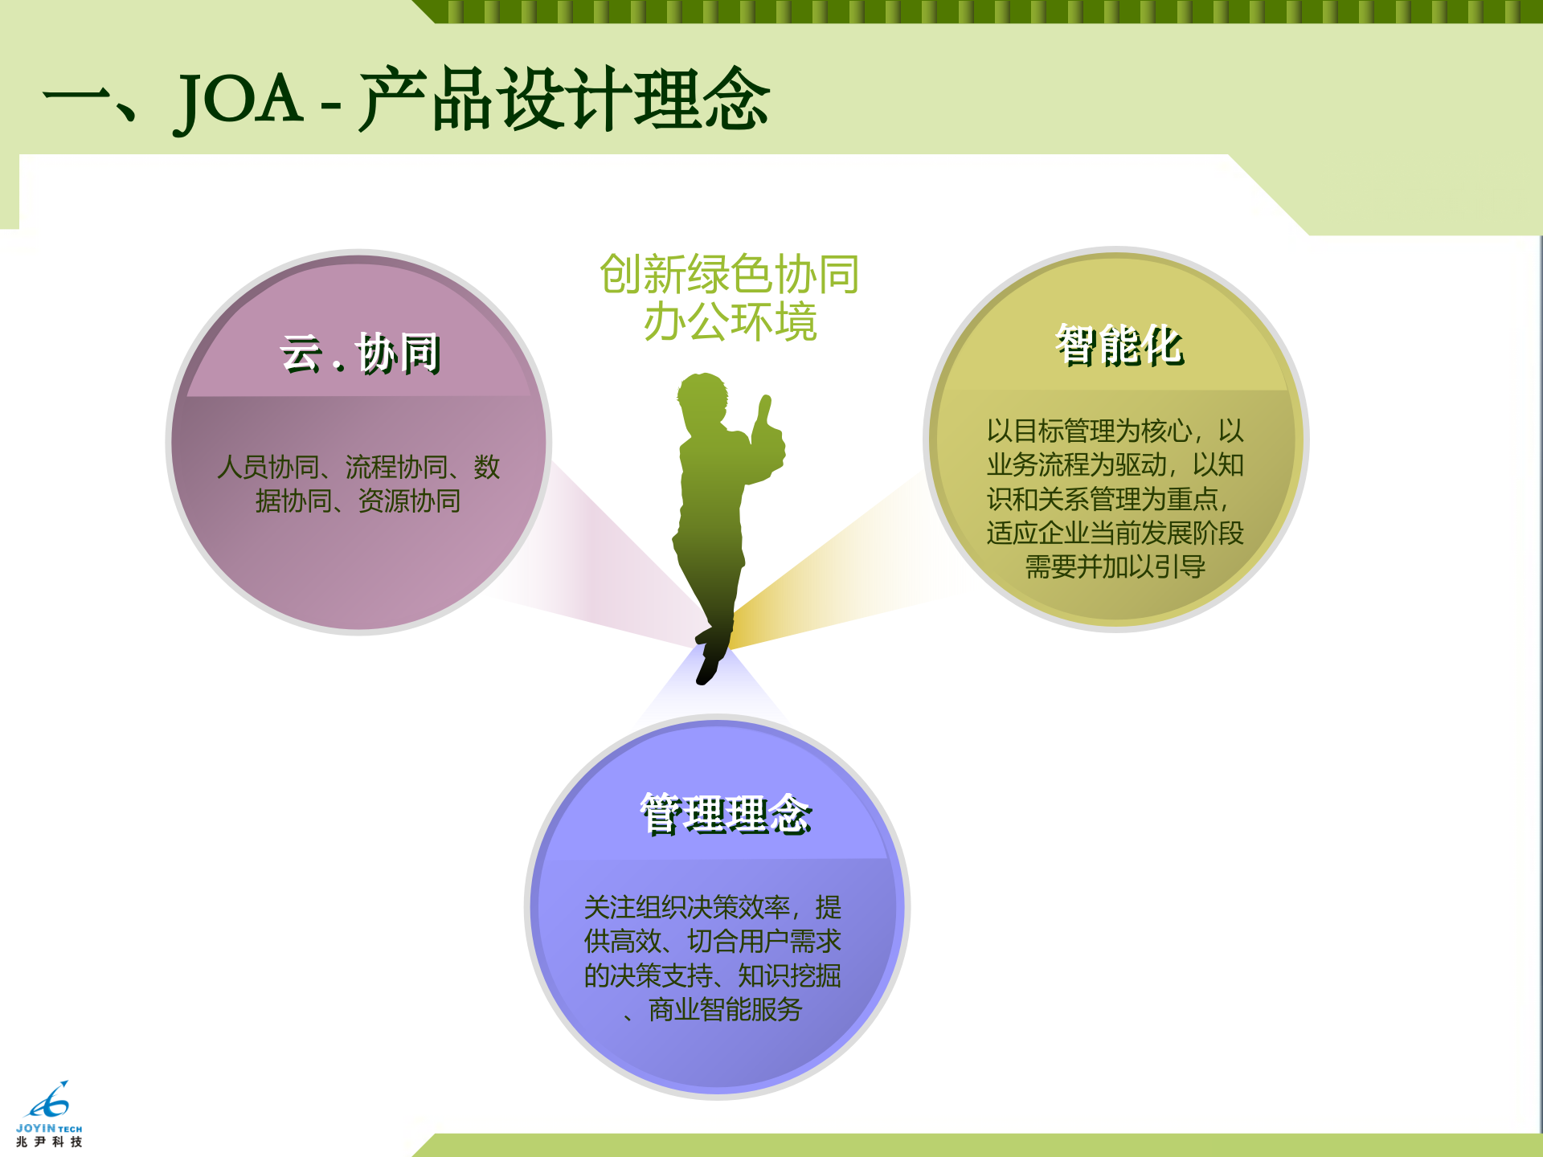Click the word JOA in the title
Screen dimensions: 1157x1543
(239, 100)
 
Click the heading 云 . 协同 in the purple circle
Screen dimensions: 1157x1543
(360, 354)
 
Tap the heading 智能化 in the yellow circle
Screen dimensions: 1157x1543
(1119, 345)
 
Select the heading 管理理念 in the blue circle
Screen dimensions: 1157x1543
(726, 814)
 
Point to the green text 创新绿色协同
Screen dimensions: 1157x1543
(730, 274)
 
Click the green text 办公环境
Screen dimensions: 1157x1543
(730, 322)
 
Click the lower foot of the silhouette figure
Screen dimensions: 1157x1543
(707, 670)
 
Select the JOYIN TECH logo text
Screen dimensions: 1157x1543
(49, 1128)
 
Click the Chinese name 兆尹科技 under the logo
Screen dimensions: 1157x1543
(49, 1142)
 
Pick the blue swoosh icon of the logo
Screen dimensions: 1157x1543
(49, 1101)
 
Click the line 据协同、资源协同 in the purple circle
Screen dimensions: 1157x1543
(358, 501)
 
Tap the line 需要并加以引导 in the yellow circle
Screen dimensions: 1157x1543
(1115, 566)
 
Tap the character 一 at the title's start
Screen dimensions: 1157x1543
(76, 100)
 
